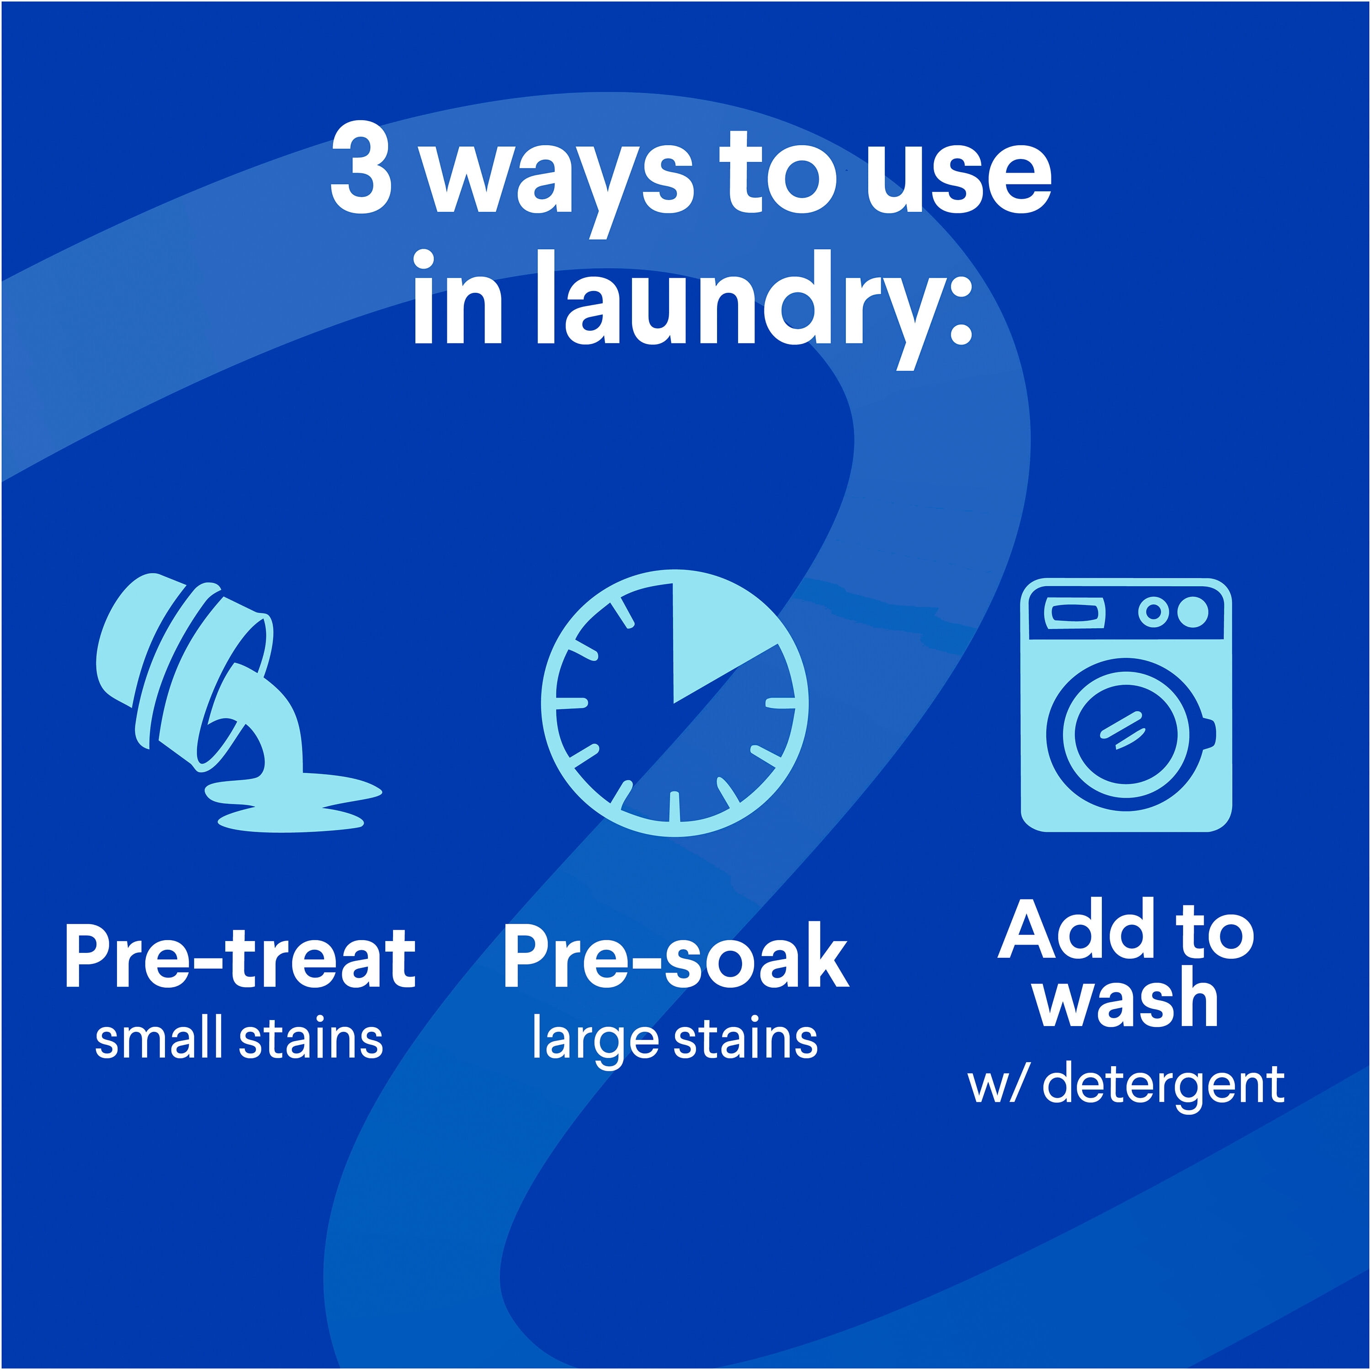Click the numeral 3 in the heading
point(361,172)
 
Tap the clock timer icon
point(674,703)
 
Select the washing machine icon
point(1126,704)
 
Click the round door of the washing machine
point(1126,734)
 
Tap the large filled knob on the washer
point(1193,612)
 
